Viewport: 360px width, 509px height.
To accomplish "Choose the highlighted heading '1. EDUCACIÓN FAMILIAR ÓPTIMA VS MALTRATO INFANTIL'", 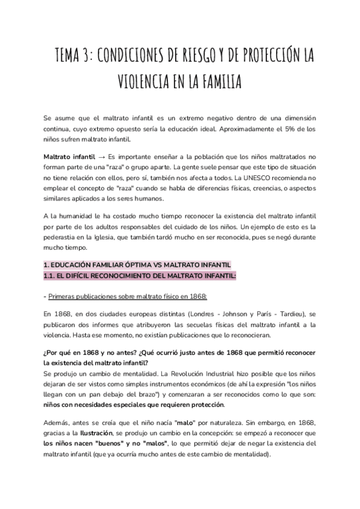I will pyautogui.click(x=137, y=265).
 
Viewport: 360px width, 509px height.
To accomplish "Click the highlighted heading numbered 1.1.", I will pyautogui.click(x=140, y=276).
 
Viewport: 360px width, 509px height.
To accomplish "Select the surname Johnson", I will pyautogui.click(x=235, y=313).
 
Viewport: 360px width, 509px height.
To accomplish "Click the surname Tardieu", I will pyautogui.click(x=296, y=313).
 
